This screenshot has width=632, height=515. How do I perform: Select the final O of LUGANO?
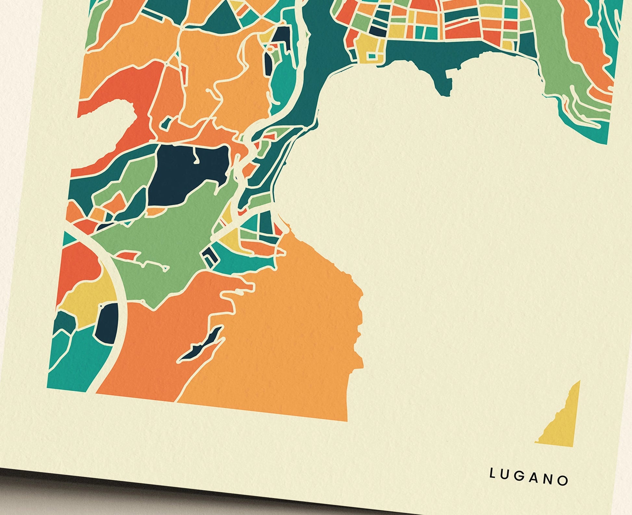click(564, 480)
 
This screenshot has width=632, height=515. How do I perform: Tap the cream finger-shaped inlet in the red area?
click(110, 110)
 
